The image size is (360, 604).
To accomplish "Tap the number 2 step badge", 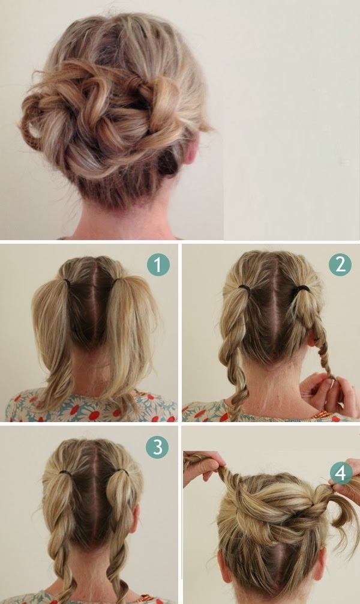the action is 340,264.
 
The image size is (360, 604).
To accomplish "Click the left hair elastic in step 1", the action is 67,284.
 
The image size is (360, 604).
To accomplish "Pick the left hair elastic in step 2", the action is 244,288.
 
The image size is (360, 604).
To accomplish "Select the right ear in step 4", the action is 320,563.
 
